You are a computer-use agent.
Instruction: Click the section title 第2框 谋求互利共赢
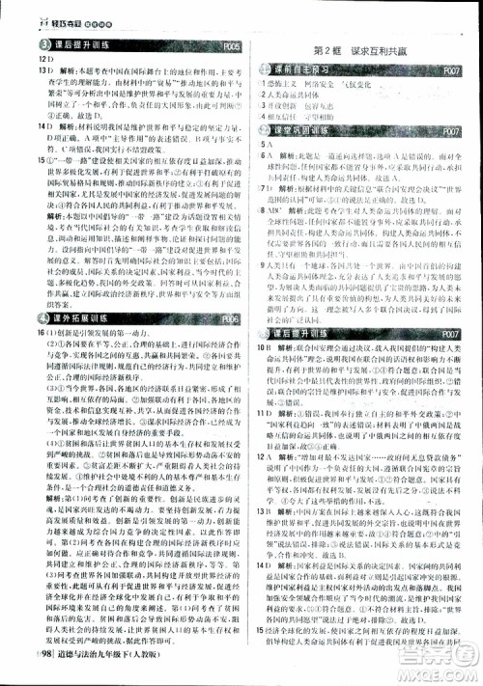tap(358, 49)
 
